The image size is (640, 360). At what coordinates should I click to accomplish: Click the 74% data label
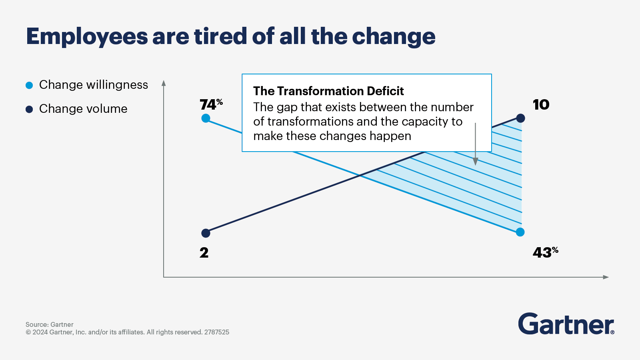[211, 105]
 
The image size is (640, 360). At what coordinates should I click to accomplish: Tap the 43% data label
[545, 252]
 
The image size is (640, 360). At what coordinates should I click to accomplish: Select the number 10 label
[541, 105]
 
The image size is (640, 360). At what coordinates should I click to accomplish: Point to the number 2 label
[204, 253]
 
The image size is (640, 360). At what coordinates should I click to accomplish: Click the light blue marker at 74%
[206, 118]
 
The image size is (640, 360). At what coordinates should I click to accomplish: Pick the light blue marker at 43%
[520, 232]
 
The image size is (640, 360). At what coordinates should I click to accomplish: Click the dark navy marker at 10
[520, 118]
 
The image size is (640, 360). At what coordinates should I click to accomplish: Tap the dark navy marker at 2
[206, 233]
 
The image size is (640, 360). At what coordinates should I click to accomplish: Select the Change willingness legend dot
[29, 85]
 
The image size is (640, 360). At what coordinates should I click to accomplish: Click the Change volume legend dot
[29, 109]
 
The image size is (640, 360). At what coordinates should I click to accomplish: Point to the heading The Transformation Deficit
[328, 91]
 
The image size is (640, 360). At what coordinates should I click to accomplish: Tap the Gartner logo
[566, 324]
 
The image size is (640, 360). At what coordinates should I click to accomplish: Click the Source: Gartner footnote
[50, 324]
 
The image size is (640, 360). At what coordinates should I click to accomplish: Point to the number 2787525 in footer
[216, 332]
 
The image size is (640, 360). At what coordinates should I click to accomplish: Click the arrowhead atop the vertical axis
[164, 83]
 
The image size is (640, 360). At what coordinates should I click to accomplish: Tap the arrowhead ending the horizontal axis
[606, 277]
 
